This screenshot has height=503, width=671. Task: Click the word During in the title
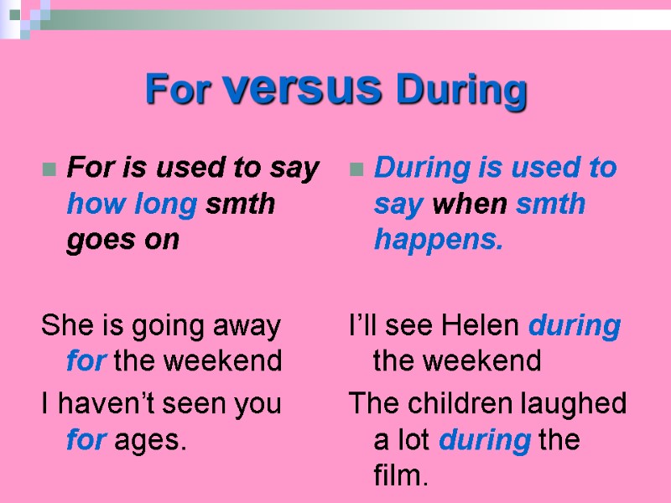[x=462, y=89]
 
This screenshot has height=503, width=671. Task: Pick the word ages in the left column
[x=155, y=440]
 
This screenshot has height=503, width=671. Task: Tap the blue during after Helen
[x=575, y=325]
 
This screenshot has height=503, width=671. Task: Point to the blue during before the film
[x=485, y=440]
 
